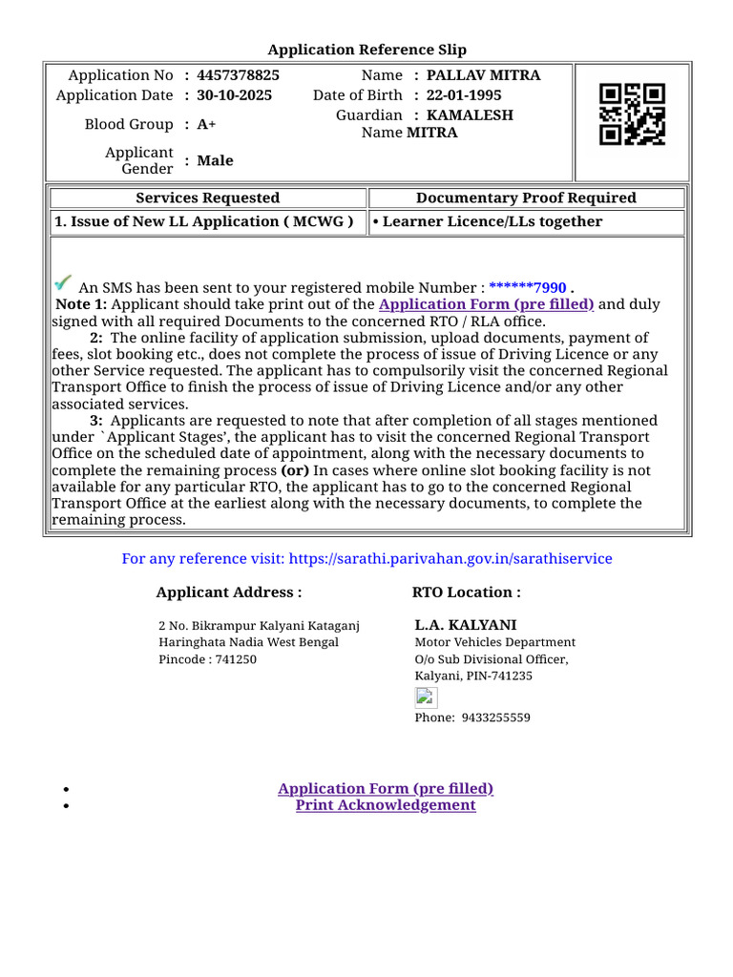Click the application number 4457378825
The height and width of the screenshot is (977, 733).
pos(238,75)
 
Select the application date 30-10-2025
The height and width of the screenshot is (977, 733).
pos(234,95)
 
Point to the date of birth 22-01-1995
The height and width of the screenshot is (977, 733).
pos(464,95)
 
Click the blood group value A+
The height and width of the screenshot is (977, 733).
pos(206,125)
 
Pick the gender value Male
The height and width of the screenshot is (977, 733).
pos(215,160)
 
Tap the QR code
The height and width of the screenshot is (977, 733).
pos(632,114)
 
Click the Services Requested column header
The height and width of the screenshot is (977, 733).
pos(208,198)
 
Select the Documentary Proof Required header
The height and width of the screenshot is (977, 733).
pos(526,198)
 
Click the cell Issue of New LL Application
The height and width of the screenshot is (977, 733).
pos(204,222)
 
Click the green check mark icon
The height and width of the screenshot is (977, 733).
pos(63,282)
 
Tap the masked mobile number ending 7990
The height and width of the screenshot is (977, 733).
pos(528,288)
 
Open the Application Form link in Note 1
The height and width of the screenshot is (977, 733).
pos(486,304)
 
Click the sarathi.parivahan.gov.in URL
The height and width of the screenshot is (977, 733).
pos(450,559)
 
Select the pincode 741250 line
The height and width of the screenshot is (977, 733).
pos(207,659)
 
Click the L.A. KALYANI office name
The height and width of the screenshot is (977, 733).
pos(466,625)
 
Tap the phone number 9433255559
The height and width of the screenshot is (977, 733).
pos(495,717)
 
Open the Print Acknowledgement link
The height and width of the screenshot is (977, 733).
pos(386,805)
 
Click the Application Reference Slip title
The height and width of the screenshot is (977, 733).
pos(367,50)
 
